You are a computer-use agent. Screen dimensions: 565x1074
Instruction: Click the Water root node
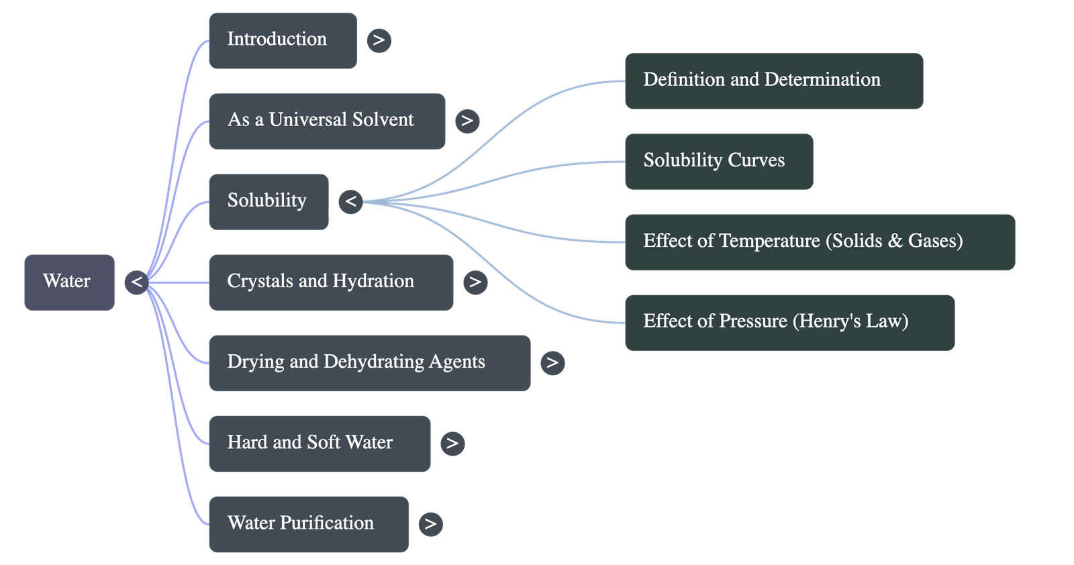(x=69, y=282)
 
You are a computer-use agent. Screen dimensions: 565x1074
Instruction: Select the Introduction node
(x=282, y=40)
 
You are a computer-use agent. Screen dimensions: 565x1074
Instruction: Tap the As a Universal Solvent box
(x=326, y=121)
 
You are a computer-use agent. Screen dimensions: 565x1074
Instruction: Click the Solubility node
(x=268, y=201)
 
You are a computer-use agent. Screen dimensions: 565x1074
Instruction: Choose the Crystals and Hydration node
(x=330, y=282)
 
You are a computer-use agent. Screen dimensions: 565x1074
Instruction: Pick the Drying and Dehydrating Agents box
(x=369, y=362)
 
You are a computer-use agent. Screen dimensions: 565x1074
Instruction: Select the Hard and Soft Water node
(x=319, y=443)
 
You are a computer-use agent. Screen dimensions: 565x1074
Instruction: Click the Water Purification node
(x=308, y=524)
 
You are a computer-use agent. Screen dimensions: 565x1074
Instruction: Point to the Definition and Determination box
(x=773, y=81)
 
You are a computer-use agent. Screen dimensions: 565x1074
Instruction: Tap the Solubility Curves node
(x=718, y=161)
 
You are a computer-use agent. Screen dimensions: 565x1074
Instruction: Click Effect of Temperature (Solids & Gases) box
(x=820, y=242)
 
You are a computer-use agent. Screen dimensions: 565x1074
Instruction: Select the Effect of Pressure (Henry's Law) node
(x=789, y=322)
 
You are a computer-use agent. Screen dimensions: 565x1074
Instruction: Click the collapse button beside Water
(x=136, y=282)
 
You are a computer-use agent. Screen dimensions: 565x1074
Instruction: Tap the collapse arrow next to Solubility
(x=350, y=201)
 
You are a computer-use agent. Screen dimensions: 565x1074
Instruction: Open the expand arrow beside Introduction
(x=379, y=40)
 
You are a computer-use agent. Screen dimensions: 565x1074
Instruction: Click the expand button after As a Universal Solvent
(x=467, y=121)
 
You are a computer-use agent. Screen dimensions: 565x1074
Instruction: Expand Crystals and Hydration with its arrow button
(x=475, y=282)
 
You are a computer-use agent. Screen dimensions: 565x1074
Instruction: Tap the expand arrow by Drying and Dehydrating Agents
(x=552, y=363)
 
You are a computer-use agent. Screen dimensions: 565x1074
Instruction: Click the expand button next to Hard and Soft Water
(x=452, y=443)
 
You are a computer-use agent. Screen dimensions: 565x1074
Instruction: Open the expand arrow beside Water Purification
(x=430, y=524)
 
